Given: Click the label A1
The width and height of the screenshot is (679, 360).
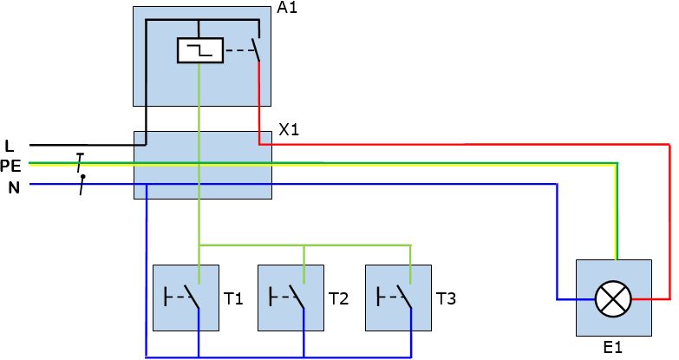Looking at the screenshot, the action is click(287, 7).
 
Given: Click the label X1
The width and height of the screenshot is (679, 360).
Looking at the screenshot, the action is click(289, 129).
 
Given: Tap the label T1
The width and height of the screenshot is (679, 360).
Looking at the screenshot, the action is click(233, 298).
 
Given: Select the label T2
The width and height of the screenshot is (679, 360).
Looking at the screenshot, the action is click(339, 298).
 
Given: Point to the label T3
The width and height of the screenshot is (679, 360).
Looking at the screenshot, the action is click(446, 298).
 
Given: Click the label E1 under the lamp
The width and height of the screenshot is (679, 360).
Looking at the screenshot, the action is click(613, 348).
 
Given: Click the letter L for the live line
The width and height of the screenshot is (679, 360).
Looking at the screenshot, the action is click(9, 146).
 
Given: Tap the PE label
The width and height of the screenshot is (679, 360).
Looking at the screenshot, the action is click(10, 166).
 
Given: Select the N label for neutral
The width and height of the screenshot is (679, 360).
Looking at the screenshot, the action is click(14, 187).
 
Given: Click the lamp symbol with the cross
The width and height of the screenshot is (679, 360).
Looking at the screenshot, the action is click(613, 299).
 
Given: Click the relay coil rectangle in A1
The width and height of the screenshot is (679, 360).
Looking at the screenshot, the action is click(200, 50).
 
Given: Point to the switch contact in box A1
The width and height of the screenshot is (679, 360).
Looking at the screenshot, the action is click(256, 49).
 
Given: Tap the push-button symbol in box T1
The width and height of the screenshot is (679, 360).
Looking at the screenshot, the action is click(182, 297).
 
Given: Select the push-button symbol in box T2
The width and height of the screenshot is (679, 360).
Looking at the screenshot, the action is click(287, 297).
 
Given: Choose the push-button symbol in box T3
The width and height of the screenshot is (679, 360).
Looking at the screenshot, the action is click(394, 297).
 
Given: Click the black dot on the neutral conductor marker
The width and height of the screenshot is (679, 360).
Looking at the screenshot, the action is click(83, 176).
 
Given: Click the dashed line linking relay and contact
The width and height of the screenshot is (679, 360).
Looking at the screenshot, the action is click(238, 50).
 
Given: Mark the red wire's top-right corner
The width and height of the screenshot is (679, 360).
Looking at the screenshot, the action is click(669, 144).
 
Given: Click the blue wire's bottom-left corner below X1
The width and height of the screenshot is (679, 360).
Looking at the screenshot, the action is click(146, 357).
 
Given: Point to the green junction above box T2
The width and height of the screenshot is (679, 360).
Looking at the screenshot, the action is click(304, 245).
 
